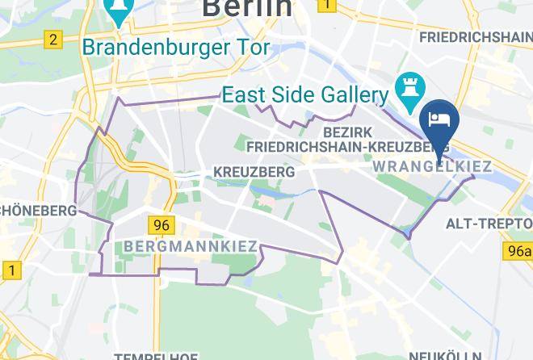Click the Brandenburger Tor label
pos(177,47)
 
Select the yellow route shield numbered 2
pos(53,39)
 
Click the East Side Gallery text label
pos(305,94)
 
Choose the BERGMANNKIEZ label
pos(191,246)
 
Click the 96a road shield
pos(520,251)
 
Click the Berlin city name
pos(247,8)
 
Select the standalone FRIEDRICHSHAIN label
pos(476,36)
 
